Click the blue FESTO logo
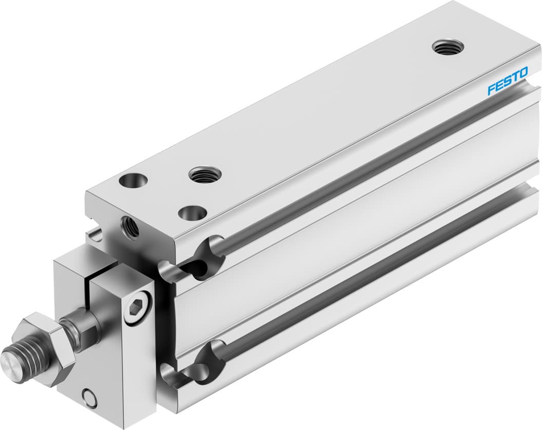(x=507, y=82)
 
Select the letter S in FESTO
(x=507, y=82)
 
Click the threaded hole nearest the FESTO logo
(x=448, y=48)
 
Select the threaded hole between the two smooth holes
(x=205, y=175)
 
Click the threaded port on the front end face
(x=130, y=227)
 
